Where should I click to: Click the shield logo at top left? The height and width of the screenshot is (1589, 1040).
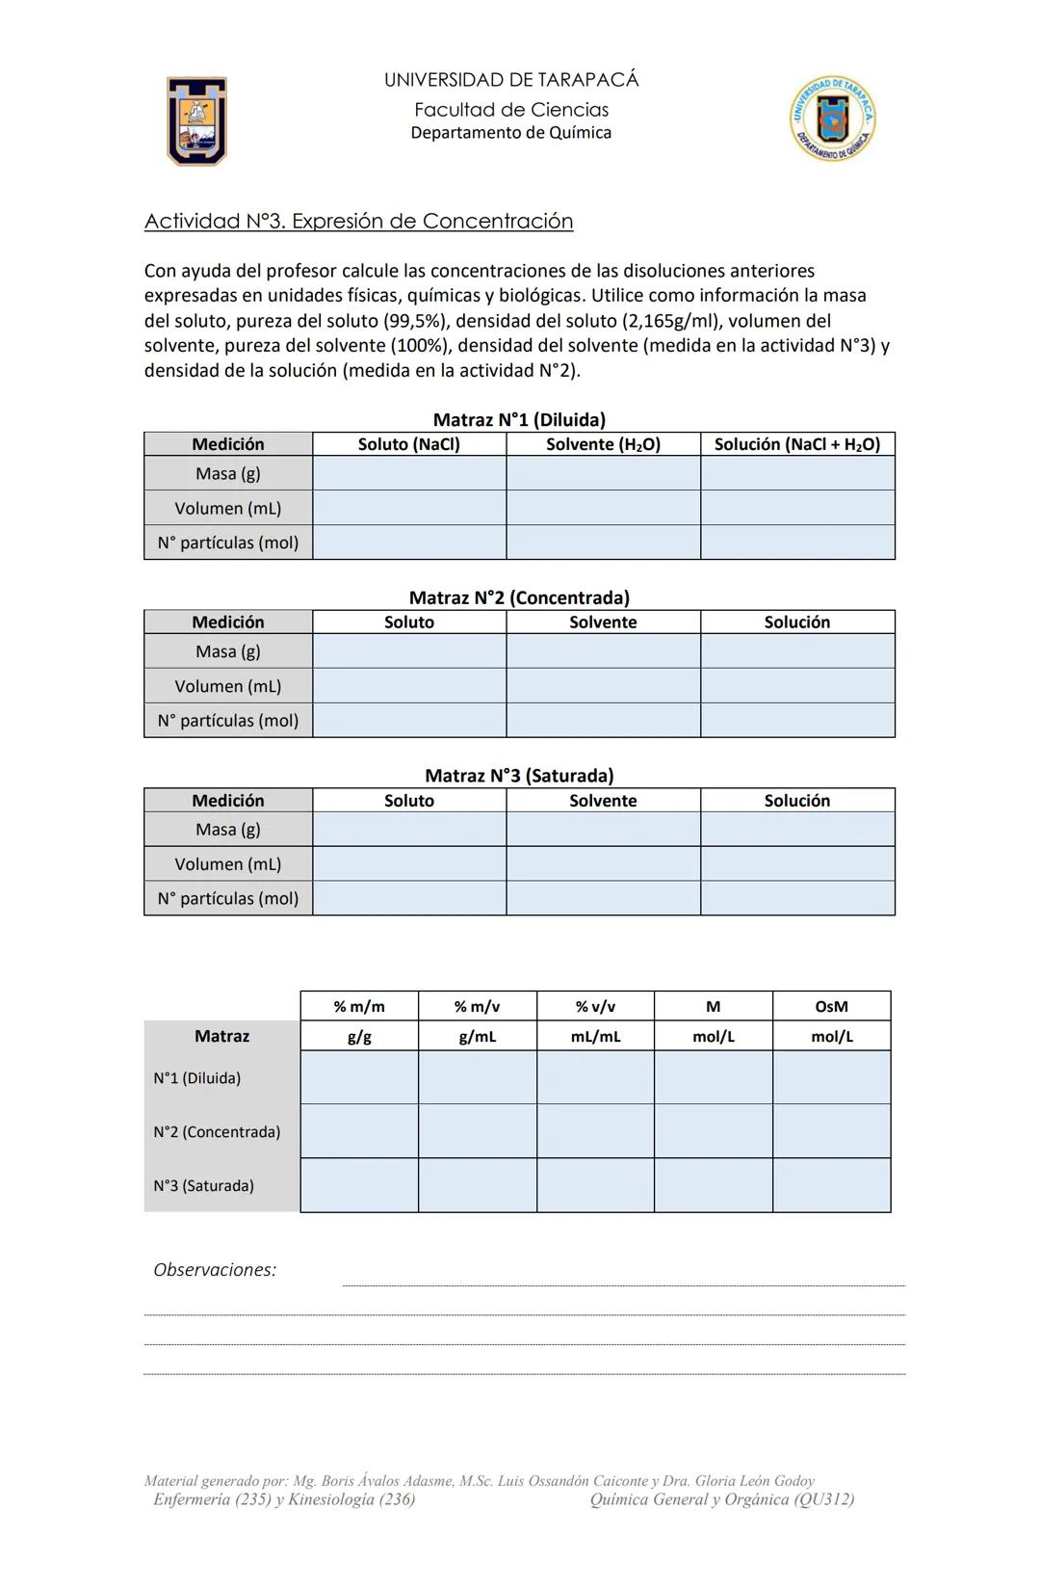click(x=196, y=121)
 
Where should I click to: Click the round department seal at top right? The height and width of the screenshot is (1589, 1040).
click(x=833, y=119)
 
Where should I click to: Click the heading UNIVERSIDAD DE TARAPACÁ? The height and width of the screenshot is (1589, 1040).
click(x=511, y=80)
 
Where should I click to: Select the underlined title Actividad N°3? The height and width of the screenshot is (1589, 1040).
click(x=358, y=222)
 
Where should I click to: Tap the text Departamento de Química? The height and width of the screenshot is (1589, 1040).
click(x=511, y=133)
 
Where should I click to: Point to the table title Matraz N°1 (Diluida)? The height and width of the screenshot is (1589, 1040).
click(x=519, y=420)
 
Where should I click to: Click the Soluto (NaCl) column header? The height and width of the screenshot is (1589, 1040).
click(x=409, y=444)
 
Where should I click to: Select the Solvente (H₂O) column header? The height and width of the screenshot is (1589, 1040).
click(x=603, y=444)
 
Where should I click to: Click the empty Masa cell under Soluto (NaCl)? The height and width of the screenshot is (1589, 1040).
click(x=409, y=473)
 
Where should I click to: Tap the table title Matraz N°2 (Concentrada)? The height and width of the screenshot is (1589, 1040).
click(x=519, y=598)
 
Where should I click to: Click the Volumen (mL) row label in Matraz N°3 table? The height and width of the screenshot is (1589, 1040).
click(x=228, y=864)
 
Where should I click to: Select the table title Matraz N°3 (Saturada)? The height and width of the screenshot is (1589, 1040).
click(x=519, y=776)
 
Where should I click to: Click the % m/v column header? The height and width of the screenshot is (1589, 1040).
click(x=478, y=1007)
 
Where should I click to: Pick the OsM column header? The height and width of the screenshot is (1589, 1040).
click(x=831, y=1007)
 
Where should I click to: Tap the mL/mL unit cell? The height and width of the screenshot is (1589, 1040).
click(x=595, y=1037)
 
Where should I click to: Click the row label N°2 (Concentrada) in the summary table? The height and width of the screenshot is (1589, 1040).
click(x=217, y=1132)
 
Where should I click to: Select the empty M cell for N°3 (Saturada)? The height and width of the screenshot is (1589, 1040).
click(x=713, y=1185)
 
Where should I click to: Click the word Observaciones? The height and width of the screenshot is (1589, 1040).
click(x=215, y=1270)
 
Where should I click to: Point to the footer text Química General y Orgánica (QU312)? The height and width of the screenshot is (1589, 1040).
click(x=722, y=1499)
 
